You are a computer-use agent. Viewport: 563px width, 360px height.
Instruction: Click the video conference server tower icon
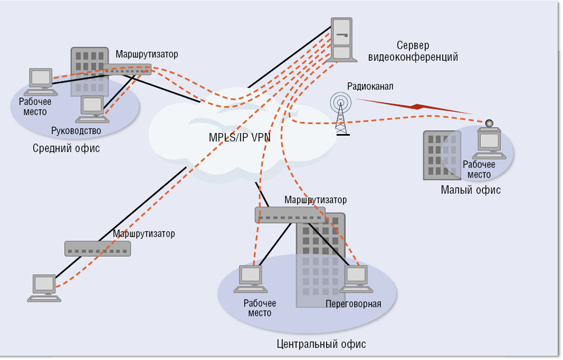[x=342, y=40]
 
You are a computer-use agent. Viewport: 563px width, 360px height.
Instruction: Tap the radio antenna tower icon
[x=341, y=114]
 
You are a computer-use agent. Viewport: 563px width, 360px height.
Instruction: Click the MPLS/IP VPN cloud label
[x=239, y=137]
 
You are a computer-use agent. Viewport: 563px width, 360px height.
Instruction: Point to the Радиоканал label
[x=370, y=86]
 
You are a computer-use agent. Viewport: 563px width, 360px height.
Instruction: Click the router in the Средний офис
[x=127, y=69]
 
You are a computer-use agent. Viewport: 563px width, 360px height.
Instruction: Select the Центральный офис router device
[x=290, y=215]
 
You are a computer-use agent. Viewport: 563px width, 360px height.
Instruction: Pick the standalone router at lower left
[x=97, y=248]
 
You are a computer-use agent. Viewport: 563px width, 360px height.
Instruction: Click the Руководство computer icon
[x=92, y=109]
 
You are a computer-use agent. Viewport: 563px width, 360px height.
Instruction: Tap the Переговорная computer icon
[x=356, y=279]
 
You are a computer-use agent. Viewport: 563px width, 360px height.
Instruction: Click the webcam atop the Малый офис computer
[x=489, y=124]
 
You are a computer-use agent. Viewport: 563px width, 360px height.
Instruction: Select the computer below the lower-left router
[x=44, y=288]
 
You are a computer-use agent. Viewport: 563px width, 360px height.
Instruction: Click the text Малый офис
[x=470, y=190]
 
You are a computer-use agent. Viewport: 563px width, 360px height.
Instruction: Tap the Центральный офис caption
[x=321, y=344]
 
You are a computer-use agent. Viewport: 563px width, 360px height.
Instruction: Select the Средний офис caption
[x=66, y=148]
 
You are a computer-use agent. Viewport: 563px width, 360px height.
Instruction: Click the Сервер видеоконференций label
[x=413, y=51]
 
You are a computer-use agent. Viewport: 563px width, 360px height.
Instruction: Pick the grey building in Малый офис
[x=442, y=155]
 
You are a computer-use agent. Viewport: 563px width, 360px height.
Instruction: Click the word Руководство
[x=76, y=131]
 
